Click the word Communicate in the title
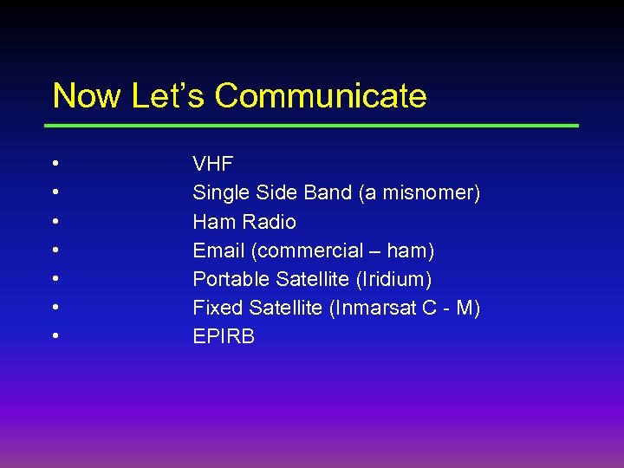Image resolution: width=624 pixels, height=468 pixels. pyautogui.click(x=321, y=95)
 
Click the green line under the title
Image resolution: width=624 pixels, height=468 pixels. pyautogui.click(x=314, y=126)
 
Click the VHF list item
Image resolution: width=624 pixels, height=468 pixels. pyautogui.click(x=213, y=164)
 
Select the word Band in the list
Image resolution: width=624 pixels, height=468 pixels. pyautogui.click(x=326, y=192)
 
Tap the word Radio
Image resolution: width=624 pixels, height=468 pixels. pyautogui.click(x=270, y=222)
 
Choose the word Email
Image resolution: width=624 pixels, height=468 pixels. pyautogui.click(x=218, y=250)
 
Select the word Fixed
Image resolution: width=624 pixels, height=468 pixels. pyautogui.click(x=218, y=308)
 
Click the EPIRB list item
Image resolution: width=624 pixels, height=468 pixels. pyautogui.click(x=224, y=336)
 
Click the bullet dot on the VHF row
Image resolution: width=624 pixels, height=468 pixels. pyautogui.click(x=55, y=164)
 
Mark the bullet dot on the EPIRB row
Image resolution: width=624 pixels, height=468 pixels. pyautogui.click(x=55, y=336)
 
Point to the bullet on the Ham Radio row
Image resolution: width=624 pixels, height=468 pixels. pyautogui.click(x=55, y=222)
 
